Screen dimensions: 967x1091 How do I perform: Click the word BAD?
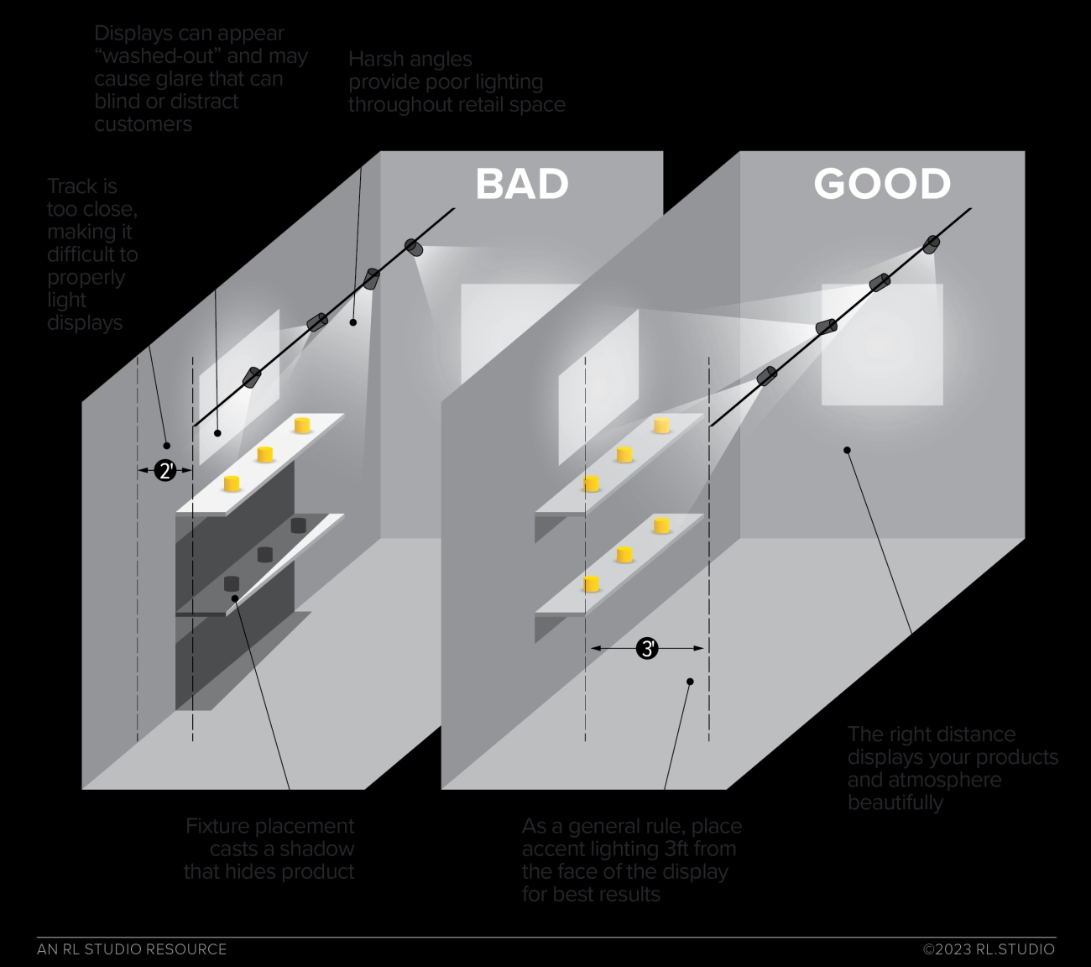521,184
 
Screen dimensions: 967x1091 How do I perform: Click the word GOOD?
881,184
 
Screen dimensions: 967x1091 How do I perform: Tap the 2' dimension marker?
165,471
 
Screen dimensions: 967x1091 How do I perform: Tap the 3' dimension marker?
646,648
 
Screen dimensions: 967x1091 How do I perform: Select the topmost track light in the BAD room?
414,247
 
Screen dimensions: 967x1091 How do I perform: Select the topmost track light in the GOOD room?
932,244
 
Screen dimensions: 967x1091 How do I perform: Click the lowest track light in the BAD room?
252,377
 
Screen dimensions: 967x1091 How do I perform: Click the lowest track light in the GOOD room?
765,377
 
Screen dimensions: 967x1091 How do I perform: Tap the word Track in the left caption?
70,186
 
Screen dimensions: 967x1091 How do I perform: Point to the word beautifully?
895,802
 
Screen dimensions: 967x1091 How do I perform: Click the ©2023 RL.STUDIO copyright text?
989,949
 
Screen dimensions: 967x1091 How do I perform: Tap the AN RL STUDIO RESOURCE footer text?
132,949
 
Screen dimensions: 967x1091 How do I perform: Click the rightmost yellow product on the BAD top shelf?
303,426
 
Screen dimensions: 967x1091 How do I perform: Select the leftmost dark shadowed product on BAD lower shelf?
232,583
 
